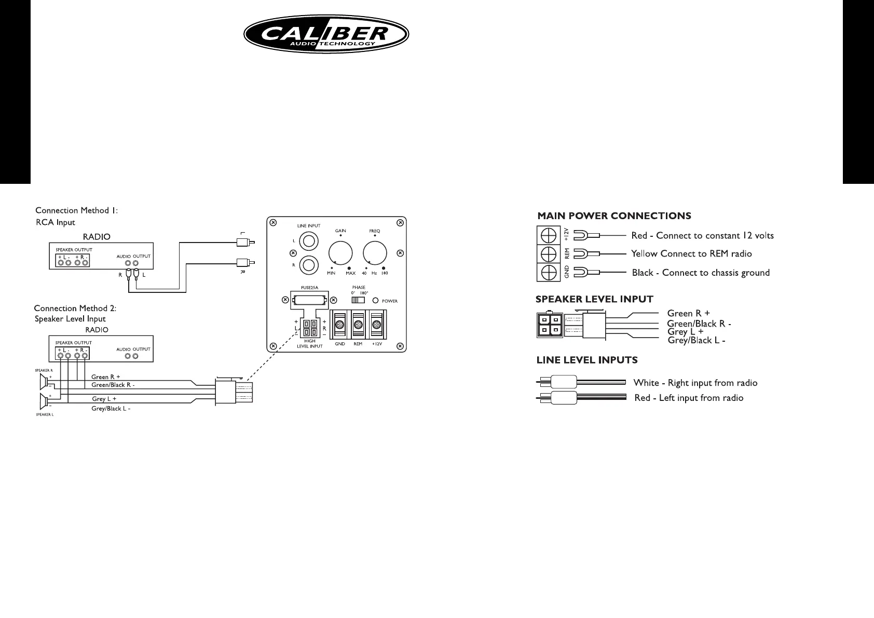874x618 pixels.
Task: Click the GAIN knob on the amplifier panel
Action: click(340, 254)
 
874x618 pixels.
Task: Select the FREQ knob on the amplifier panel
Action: click(375, 254)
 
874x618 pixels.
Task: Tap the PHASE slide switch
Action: click(358, 300)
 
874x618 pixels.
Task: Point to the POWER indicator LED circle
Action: click(375, 301)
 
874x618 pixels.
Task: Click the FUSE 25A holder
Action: click(309, 301)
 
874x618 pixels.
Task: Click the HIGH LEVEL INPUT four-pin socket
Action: click(310, 328)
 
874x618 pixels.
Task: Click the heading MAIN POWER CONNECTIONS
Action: click(614, 216)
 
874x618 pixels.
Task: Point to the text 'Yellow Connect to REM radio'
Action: click(691, 254)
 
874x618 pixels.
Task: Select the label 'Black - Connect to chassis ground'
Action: click(701, 273)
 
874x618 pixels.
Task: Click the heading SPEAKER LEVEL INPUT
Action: click(594, 299)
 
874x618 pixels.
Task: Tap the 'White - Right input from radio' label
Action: click(695, 383)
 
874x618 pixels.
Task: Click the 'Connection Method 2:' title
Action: click(75, 308)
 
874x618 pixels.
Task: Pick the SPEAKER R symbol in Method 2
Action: click(44, 382)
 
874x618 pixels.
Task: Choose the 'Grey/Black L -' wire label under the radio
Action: click(111, 409)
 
